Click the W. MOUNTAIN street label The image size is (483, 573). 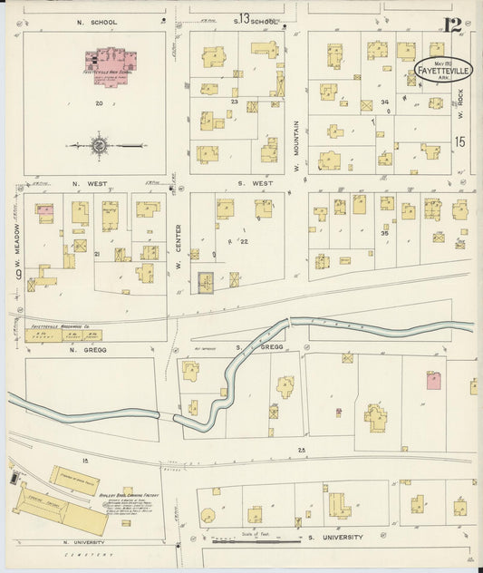pyautogui.click(x=296, y=145)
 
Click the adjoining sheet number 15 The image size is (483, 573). pyautogui.click(x=460, y=141)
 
